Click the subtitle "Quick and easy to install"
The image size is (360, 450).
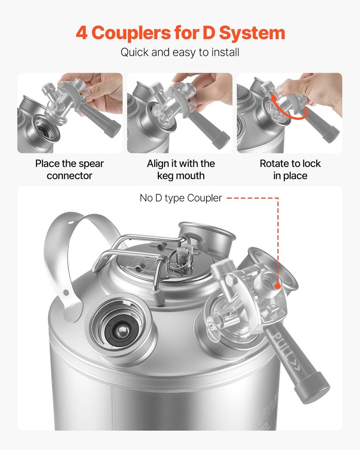[180, 52]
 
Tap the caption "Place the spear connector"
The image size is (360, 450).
[70, 170]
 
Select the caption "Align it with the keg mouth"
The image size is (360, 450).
[180, 170]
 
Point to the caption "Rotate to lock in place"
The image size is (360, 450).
[290, 170]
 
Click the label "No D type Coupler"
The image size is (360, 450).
[180, 198]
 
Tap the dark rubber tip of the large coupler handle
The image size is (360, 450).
[315, 392]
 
